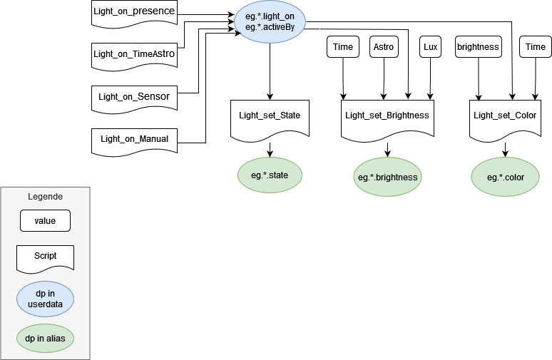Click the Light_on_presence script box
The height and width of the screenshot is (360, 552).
click(134, 12)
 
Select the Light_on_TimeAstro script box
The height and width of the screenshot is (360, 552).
click(134, 54)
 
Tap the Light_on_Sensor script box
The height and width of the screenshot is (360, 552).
click(134, 97)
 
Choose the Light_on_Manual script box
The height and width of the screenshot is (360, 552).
click(134, 139)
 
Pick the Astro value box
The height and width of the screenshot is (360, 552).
click(384, 47)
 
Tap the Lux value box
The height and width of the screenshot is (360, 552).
click(431, 47)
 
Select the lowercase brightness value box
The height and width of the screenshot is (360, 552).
click(478, 47)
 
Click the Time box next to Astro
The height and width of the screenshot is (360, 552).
click(343, 47)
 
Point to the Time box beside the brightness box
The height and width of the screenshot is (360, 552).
click(535, 47)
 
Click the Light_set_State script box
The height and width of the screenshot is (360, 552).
click(270, 115)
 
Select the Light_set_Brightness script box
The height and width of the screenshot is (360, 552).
click(387, 115)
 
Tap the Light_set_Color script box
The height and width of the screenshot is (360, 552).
click(505, 115)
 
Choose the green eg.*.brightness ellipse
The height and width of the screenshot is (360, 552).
click(387, 177)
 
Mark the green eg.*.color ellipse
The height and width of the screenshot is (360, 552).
click(505, 177)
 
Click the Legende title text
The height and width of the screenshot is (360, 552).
click(45, 197)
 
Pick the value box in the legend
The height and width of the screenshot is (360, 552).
click(45, 221)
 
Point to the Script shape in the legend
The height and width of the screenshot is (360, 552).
click(45, 257)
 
